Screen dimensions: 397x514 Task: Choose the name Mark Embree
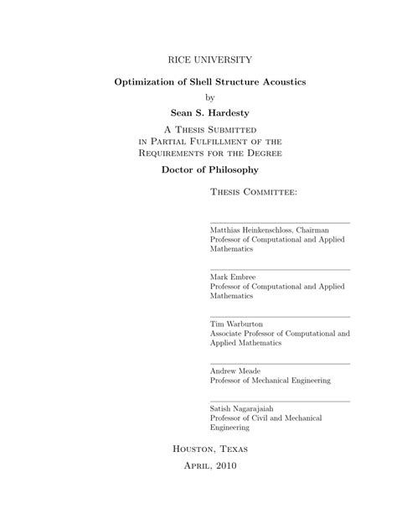[x=234, y=277]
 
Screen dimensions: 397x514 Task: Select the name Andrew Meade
[x=236, y=371]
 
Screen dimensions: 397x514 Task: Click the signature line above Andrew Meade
[x=279, y=363]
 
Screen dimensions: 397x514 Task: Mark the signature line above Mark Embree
[x=279, y=269]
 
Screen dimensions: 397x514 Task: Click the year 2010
[x=224, y=466]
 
